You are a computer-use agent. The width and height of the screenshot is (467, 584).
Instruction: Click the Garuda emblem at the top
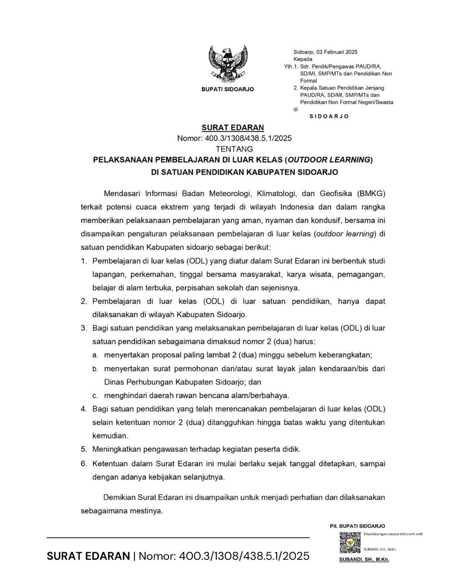(228, 63)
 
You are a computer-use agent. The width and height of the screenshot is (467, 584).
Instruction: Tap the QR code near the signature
(350, 543)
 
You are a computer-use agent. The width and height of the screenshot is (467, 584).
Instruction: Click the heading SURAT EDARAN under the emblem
(233, 128)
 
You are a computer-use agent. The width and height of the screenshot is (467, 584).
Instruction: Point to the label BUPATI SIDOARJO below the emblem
(228, 89)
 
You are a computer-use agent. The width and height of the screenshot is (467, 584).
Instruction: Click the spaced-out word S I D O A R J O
(329, 116)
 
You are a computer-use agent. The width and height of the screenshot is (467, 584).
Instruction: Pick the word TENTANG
(234, 149)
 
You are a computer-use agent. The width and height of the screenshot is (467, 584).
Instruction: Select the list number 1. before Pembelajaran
(84, 261)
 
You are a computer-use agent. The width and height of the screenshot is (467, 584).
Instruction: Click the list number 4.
(84, 409)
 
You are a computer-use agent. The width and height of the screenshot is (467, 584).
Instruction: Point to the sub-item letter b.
(95, 369)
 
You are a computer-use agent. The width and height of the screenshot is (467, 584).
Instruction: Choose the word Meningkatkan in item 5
(116, 449)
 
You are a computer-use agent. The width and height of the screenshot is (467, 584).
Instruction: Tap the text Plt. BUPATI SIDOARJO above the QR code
(358, 526)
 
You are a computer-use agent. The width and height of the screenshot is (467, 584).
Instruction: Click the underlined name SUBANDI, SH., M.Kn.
(364, 559)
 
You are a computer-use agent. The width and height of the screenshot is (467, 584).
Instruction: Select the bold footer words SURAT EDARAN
(88, 556)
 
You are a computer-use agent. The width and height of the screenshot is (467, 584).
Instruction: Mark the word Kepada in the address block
(303, 59)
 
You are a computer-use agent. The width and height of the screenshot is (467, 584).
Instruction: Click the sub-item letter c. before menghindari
(95, 396)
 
